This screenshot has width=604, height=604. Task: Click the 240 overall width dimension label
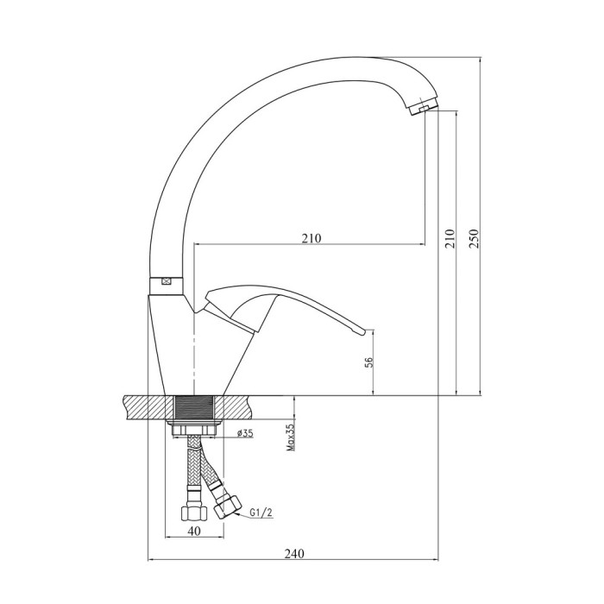[294, 554]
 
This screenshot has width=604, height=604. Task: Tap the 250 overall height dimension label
[474, 238]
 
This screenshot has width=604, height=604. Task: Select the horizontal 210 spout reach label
[311, 238]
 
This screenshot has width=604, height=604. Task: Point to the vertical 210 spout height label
[450, 238]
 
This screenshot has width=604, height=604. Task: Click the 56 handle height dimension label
[368, 362]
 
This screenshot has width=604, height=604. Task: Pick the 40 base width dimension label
[195, 531]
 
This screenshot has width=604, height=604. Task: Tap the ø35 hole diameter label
[245, 434]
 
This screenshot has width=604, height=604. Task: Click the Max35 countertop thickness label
[291, 437]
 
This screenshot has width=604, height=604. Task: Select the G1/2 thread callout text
[261, 513]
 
